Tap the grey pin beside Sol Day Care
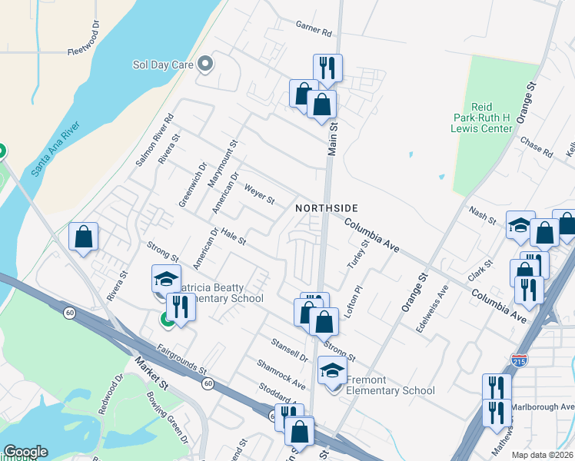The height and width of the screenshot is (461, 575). click(x=205, y=65)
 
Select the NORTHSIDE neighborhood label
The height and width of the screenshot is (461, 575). click(x=327, y=208)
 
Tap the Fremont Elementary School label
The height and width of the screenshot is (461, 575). click(x=391, y=385)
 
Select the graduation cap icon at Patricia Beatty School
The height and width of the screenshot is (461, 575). click(x=165, y=280)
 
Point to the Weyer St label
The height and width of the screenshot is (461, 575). click(x=259, y=194)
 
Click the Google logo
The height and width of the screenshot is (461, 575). click(x=25, y=452)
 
